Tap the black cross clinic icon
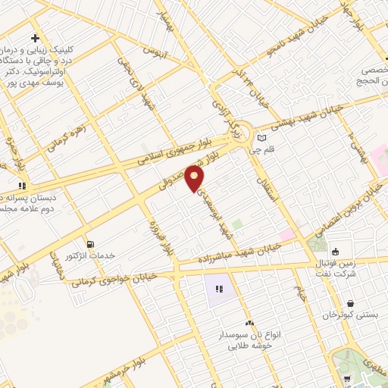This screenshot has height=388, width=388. [x=35, y=38]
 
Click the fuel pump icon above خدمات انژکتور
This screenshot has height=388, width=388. [x=92, y=244]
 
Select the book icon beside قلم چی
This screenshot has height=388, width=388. [x=262, y=138]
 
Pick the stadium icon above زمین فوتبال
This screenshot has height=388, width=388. [x=336, y=252]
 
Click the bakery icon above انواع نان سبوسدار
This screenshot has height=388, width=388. [x=249, y=323]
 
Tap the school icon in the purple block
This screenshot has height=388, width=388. [x=219, y=289]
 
